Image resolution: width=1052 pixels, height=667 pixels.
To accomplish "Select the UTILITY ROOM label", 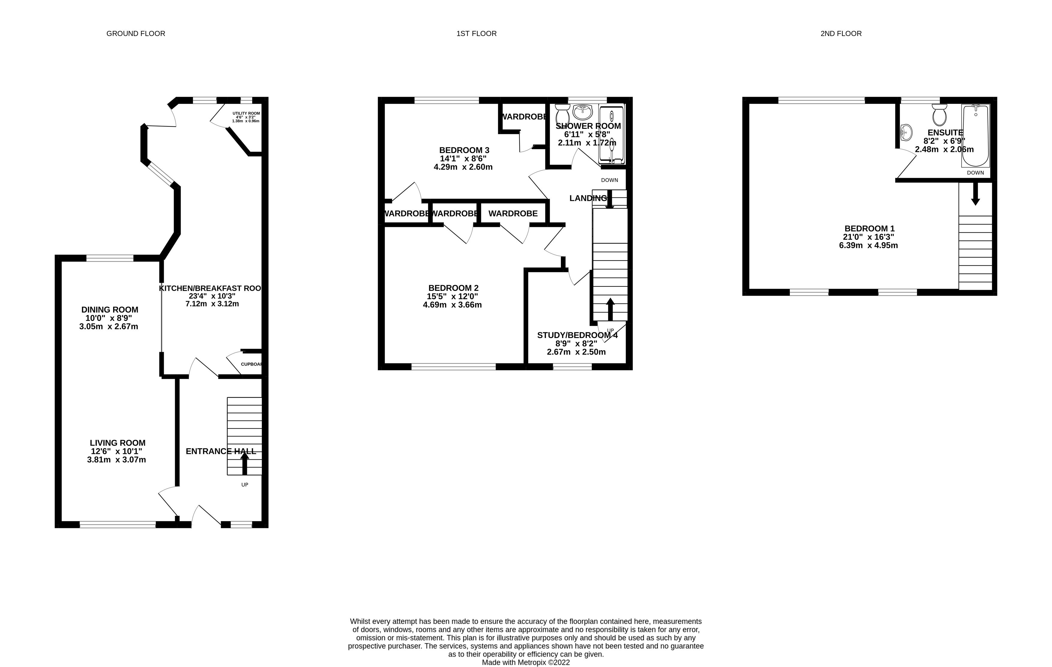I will (x=246, y=113).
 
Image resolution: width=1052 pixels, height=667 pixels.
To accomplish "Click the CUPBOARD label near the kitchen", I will (x=252, y=364).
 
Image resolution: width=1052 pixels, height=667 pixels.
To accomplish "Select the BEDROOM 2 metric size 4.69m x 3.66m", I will (x=452, y=305).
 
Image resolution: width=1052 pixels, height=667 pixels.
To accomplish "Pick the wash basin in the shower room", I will (x=582, y=112).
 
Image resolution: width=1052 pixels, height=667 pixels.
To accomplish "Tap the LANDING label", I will (x=588, y=198).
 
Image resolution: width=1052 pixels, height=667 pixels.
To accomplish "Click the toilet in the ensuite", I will (x=939, y=115).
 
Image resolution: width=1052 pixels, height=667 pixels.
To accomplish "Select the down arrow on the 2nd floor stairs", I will (x=975, y=195).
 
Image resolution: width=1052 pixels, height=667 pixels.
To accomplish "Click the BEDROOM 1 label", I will (x=869, y=229).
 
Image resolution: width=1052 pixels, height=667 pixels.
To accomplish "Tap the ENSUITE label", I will (x=945, y=132).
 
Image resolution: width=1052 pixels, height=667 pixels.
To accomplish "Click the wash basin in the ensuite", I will (x=906, y=131).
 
